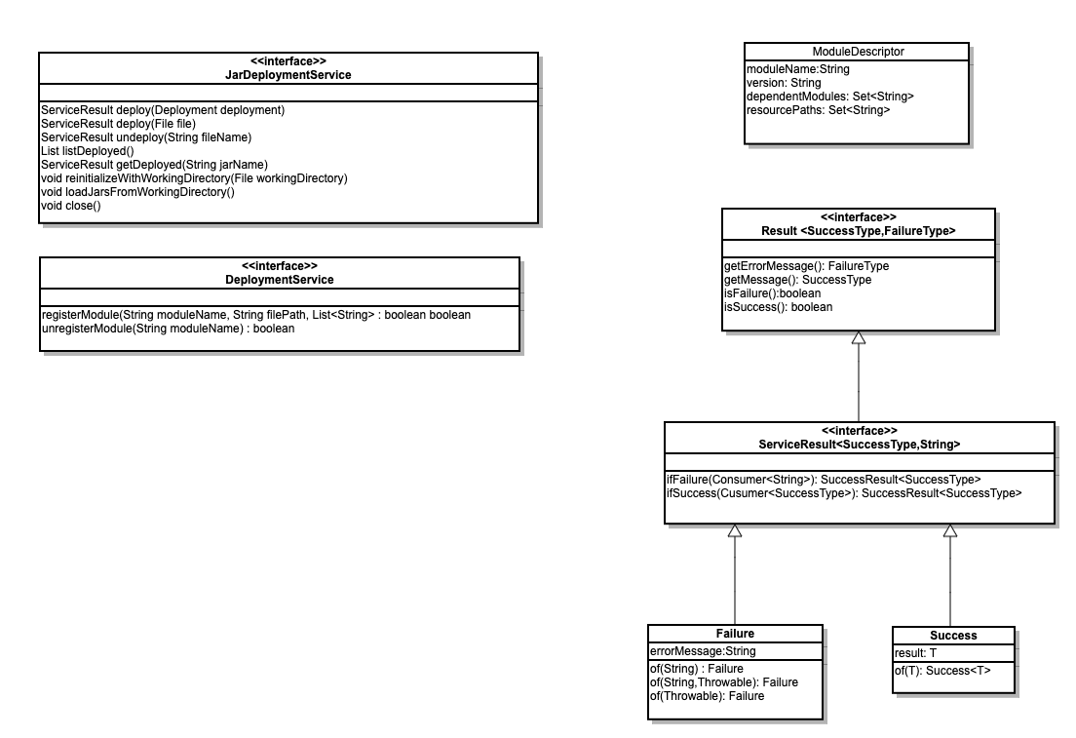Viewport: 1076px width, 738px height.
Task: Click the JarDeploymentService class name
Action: (x=288, y=75)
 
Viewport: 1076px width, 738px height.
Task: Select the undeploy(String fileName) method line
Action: (x=146, y=137)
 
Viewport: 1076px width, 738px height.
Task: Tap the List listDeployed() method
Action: (x=87, y=151)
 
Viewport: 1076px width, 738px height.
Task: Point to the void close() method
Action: (x=71, y=206)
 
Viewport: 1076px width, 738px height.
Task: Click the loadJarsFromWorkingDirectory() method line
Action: (x=138, y=191)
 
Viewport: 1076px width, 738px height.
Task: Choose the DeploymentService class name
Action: (x=280, y=280)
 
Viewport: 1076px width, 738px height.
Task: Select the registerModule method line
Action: (x=256, y=315)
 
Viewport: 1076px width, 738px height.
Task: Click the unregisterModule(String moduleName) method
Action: (x=168, y=329)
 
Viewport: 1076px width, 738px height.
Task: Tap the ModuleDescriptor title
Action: (x=858, y=52)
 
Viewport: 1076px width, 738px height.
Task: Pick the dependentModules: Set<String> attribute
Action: (x=830, y=97)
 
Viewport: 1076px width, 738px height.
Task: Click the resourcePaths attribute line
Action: (x=818, y=110)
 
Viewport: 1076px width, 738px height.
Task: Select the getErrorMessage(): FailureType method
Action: (x=806, y=266)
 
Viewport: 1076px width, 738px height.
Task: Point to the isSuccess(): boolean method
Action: (x=778, y=307)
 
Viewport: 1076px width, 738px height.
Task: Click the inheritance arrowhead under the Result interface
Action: (x=859, y=337)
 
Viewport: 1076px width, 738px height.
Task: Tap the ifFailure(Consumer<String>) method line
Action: (x=824, y=480)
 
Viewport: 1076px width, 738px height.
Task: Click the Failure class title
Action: (x=735, y=633)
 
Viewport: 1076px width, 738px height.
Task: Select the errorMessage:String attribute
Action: (x=703, y=651)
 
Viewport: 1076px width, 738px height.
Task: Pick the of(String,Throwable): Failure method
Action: (x=724, y=681)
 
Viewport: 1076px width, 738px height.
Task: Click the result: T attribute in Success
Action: (x=915, y=653)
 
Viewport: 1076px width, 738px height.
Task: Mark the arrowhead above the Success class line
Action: (x=950, y=530)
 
